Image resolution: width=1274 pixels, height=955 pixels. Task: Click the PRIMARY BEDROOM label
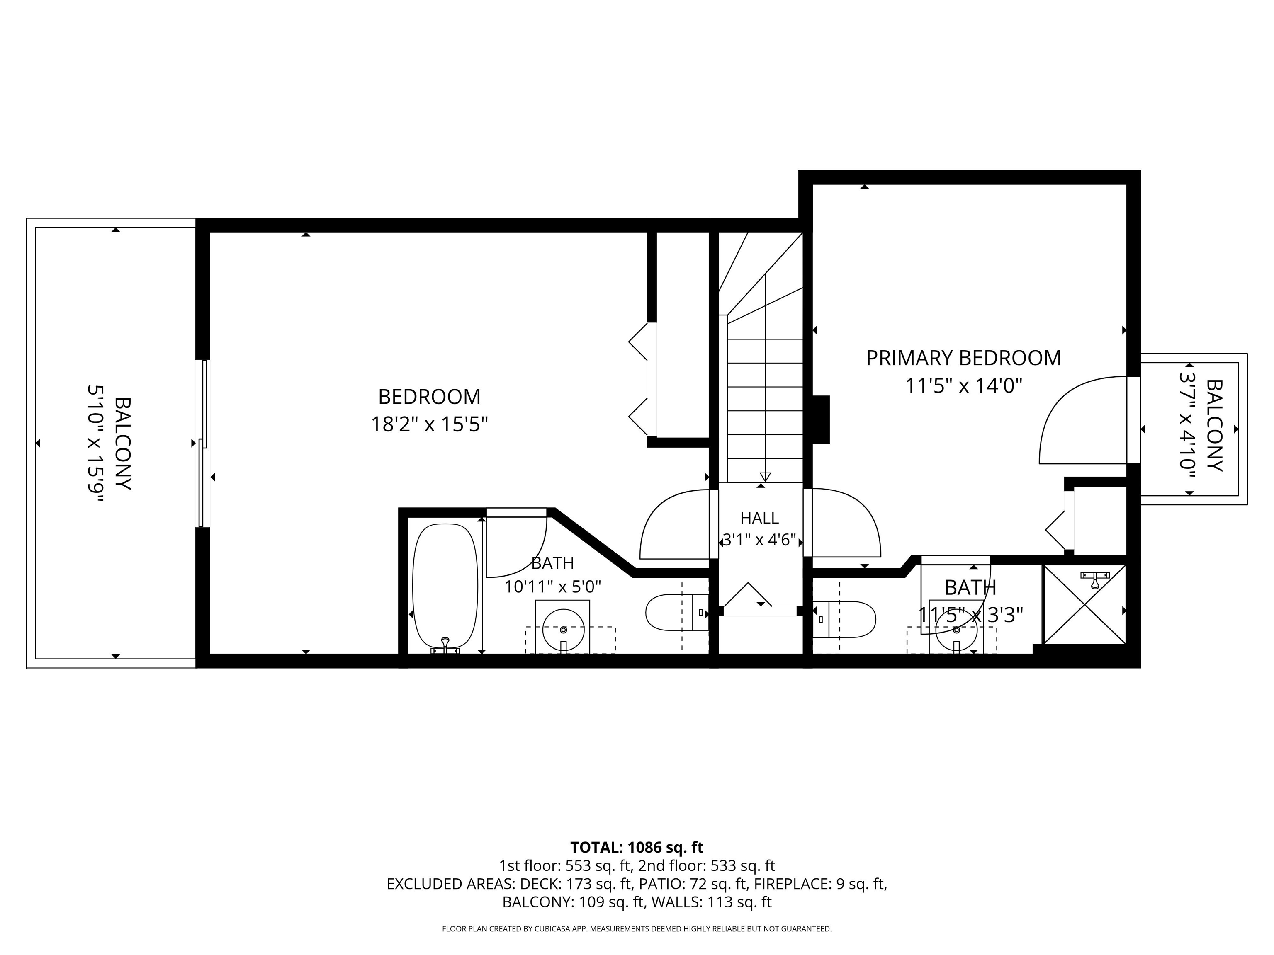click(963, 358)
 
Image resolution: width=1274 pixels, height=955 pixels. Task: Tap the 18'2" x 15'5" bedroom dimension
click(429, 425)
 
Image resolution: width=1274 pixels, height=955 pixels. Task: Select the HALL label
click(760, 518)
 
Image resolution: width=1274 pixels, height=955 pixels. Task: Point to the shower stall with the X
click(1084, 604)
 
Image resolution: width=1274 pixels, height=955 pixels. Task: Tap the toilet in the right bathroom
click(844, 619)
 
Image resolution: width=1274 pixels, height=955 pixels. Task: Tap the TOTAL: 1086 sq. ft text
click(637, 847)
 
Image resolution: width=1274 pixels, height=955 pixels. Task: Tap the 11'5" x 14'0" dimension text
click(963, 385)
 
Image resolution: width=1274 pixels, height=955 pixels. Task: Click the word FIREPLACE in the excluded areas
click(791, 884)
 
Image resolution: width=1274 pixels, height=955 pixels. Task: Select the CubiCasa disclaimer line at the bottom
click(637, 928)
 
